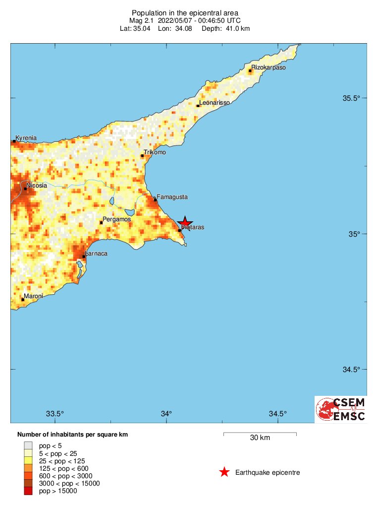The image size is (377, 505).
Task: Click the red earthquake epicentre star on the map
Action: click(185, 223)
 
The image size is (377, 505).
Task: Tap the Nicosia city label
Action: click(37, 186)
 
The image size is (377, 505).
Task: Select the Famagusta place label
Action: click(172, 197)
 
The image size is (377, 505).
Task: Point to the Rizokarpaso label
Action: click(269, 67)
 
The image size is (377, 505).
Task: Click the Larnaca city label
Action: click(96, 253)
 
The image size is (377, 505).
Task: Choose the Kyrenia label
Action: click(26, 138)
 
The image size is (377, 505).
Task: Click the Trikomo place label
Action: click(155, 152)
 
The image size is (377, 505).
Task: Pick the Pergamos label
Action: click(116, 219)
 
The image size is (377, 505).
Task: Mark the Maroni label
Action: click(33, 296)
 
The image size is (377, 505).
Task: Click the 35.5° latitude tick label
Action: click(351, 98)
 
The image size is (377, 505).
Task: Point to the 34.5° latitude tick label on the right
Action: click(351, 370)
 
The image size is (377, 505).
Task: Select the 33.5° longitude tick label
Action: click(55, 414)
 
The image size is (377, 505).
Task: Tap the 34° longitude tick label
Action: click(166, 414)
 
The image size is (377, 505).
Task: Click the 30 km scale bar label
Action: click(260, 438)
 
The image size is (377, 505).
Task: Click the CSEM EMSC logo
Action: click(340, 409)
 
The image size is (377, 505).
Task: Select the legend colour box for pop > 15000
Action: click(28, 491)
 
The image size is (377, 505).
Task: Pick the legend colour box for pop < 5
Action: click(28, 445)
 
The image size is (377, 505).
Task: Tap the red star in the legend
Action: click(224, 472)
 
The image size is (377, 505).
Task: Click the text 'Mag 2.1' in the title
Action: click(142, 21)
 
